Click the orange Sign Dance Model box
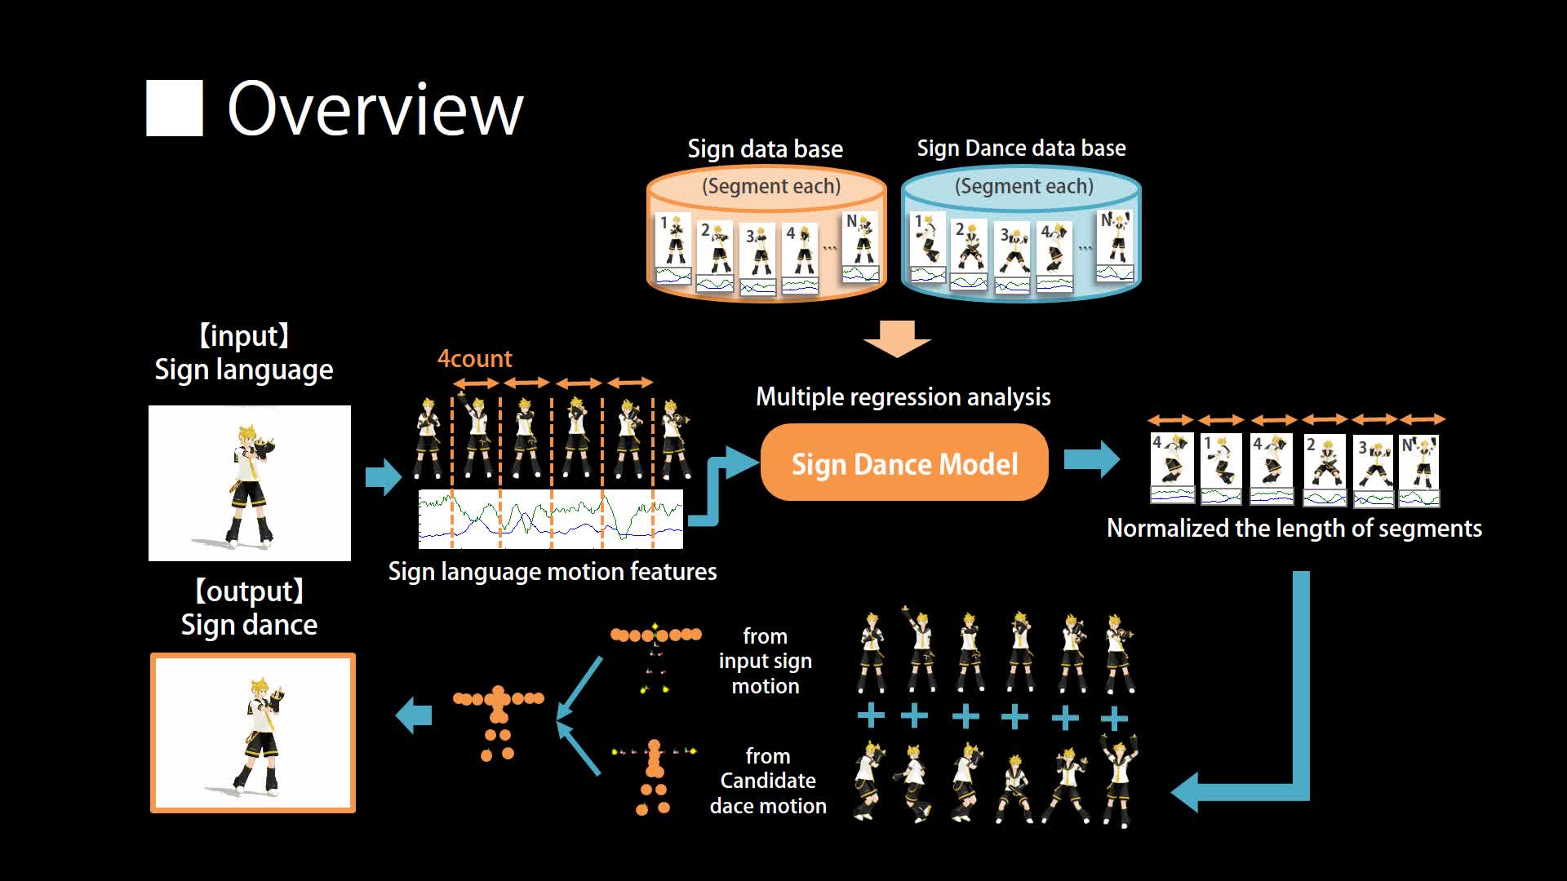click(904, 463)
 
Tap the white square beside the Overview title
click(174, 108)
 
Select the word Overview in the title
click(375, 109)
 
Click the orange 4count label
click(474, 359)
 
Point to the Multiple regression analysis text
click(903, 397)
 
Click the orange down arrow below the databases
click(897, 338)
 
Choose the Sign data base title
click(765, 149)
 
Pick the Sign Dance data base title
click(1021, 148)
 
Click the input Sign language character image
click(250, 483)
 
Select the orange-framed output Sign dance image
click(253, 733)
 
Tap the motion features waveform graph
click(551, 519)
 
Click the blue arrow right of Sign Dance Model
click(1091, 459)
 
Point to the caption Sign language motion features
click(553, 572)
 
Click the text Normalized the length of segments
click(1294, 529)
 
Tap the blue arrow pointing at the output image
click(414, 715)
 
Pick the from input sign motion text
click(765, 662)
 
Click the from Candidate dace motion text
click(768, 781)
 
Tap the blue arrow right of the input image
click(383, 476)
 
